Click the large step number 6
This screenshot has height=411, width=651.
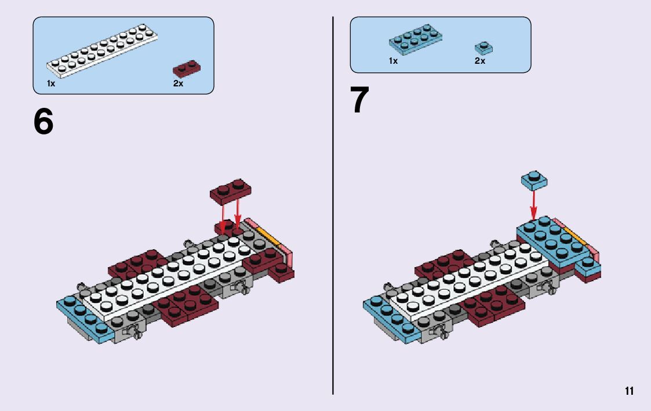coord(43,122)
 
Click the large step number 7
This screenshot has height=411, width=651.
coord(359,100)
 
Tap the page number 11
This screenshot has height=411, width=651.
coord(629,391)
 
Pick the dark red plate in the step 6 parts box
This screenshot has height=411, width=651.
coord(187,69)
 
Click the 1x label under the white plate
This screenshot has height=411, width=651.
coord(51,83)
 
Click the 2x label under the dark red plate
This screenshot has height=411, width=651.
coord(178,83)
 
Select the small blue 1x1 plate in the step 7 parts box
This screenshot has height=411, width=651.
coord(483,48)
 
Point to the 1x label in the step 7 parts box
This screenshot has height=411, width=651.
coord(393,61)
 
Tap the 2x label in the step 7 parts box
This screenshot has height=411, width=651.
coord(479,61)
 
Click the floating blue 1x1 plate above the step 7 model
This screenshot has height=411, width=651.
coord(534,181)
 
